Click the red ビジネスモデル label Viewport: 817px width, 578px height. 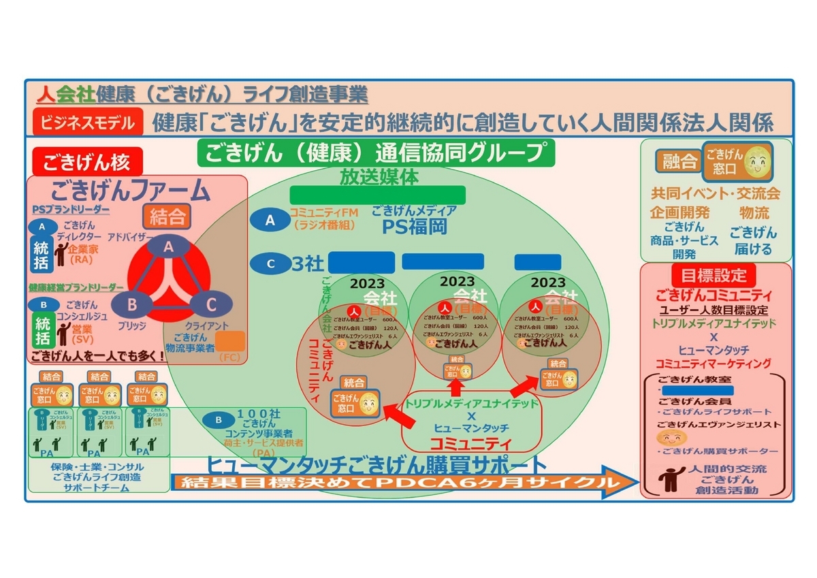coord(88,123)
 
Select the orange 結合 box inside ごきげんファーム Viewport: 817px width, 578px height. coord(166,217)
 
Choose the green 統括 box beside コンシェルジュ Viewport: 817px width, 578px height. coord(42,330)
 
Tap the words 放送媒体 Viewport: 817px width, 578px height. coord(379,176)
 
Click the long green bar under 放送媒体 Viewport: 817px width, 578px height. coord(377,195)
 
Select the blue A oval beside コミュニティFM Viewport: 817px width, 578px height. coord(270,220)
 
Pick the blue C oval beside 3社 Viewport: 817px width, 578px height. coord(270,263)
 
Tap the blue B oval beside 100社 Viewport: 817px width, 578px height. coord(219,420)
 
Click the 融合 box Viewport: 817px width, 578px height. coord(678,161)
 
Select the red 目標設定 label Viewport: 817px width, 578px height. coord(713,275)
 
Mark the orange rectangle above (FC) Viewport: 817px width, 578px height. coord(230,341)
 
